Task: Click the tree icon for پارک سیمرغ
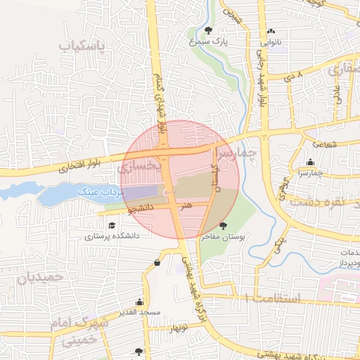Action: (209, 30)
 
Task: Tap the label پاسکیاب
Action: (82, 47)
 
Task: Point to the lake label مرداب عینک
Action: (104, 191)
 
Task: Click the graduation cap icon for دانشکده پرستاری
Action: (112, 225)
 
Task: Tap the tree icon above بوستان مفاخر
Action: (224, 226)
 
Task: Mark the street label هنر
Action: (186, 207)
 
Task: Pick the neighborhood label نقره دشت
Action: (324, 201)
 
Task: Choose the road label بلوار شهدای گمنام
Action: (161, 99)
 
